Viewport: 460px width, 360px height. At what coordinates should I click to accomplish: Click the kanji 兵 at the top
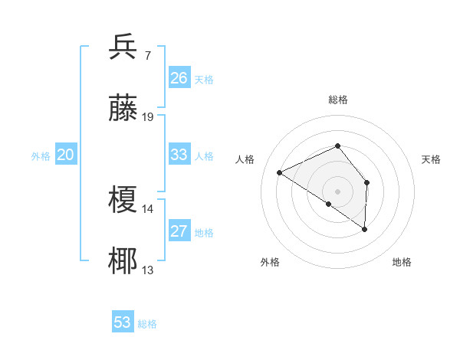point(124,47)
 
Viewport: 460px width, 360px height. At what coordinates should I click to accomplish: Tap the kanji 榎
point(124,200)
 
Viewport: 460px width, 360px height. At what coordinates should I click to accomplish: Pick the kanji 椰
point(124,261)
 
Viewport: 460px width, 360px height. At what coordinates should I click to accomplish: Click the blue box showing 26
point(179,78)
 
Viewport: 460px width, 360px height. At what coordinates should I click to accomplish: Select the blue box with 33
point(179,155)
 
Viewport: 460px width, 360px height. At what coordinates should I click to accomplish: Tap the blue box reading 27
point(179,231)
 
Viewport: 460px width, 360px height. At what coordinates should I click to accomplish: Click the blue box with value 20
point(65,155)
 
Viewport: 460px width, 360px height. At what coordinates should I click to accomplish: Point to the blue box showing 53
point(123,322)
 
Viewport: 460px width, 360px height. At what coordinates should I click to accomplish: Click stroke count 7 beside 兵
point(147,55)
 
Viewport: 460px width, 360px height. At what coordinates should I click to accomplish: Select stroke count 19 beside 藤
point(148,116)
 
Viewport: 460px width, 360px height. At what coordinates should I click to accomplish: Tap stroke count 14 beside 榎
point(148,208)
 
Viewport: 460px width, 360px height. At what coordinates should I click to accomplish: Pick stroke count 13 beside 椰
point(148,270)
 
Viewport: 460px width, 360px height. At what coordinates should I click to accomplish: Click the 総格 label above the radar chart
point(338,100)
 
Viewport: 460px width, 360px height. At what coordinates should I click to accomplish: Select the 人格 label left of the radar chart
point(245,159)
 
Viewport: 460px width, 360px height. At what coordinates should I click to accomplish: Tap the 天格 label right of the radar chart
point(431,159)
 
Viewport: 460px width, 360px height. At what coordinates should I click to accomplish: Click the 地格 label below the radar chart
point(402,263)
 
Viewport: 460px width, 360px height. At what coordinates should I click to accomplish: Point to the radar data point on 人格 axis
point(280,172)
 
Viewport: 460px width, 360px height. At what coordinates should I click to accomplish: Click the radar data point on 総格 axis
point(338,146)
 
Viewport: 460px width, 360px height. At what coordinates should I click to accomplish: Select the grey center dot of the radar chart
point(338,191)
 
